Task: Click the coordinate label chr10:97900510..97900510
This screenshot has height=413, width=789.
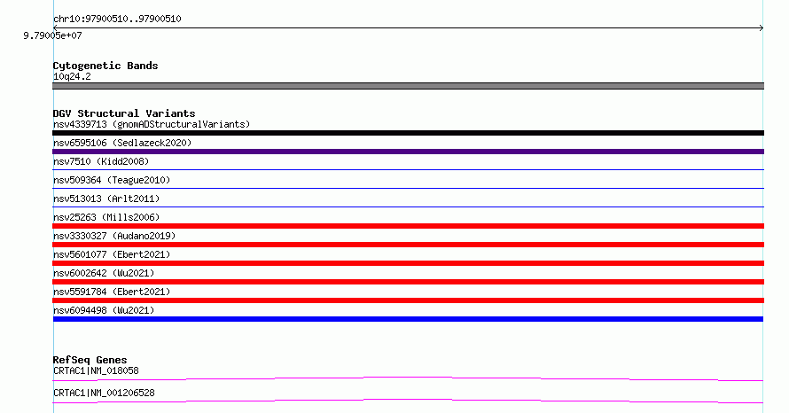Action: (x=117, y=19)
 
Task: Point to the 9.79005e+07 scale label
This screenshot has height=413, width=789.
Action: (x=52, y=35)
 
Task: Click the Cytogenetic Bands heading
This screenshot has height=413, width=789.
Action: (x=105, y=66)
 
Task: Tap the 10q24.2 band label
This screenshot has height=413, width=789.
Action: (x=72, y=76)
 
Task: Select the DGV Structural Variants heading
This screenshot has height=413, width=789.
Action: (x=124, y=113)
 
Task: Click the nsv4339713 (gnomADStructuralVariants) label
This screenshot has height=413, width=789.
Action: (x=152, y=124)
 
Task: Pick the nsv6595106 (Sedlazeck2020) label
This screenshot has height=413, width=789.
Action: (x=122, y=143)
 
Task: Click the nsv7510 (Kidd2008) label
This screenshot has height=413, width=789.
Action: (x=101, y=161)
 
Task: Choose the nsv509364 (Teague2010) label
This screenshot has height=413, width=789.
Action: (x=112, y=180)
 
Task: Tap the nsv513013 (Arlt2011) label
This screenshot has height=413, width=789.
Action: (x=106, y=199)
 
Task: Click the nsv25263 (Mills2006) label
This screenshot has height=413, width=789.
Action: (x=106, y=217)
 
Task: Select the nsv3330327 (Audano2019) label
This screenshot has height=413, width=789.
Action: (x=114, y=236)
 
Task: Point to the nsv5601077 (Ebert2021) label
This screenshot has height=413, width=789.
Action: (x=112, y=254)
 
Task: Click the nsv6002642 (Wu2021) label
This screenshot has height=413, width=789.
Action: (x=104, y=273)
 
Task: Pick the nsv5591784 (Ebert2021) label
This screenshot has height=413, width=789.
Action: (x=112, y=292)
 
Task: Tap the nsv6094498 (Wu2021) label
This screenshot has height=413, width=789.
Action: (x=104, y=310)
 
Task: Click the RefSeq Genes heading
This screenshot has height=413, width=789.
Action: (x=90, y=360)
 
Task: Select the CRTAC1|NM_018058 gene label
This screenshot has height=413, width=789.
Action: (x=96, y=370)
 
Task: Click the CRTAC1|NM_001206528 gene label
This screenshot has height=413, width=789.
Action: (x=104, y=393)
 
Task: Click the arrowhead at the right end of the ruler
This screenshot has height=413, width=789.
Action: (x=762, y=28)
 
